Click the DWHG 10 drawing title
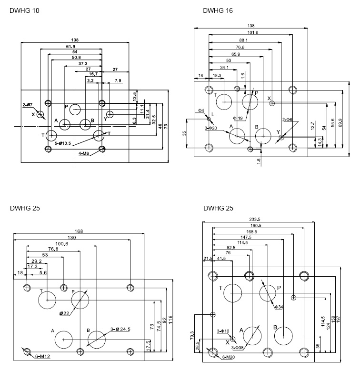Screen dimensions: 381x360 tap(24, 10)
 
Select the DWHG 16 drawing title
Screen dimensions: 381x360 tap(218, 10)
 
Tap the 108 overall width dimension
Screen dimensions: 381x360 tap(74, 40)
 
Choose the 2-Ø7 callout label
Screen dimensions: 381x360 tap(28, 104)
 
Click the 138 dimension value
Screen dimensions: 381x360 tap(250, 26)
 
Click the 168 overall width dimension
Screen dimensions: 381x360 tap(79, 231)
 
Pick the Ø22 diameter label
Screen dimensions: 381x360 tap(65, 313)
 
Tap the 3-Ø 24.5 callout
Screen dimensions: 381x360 tap(120, 330)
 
